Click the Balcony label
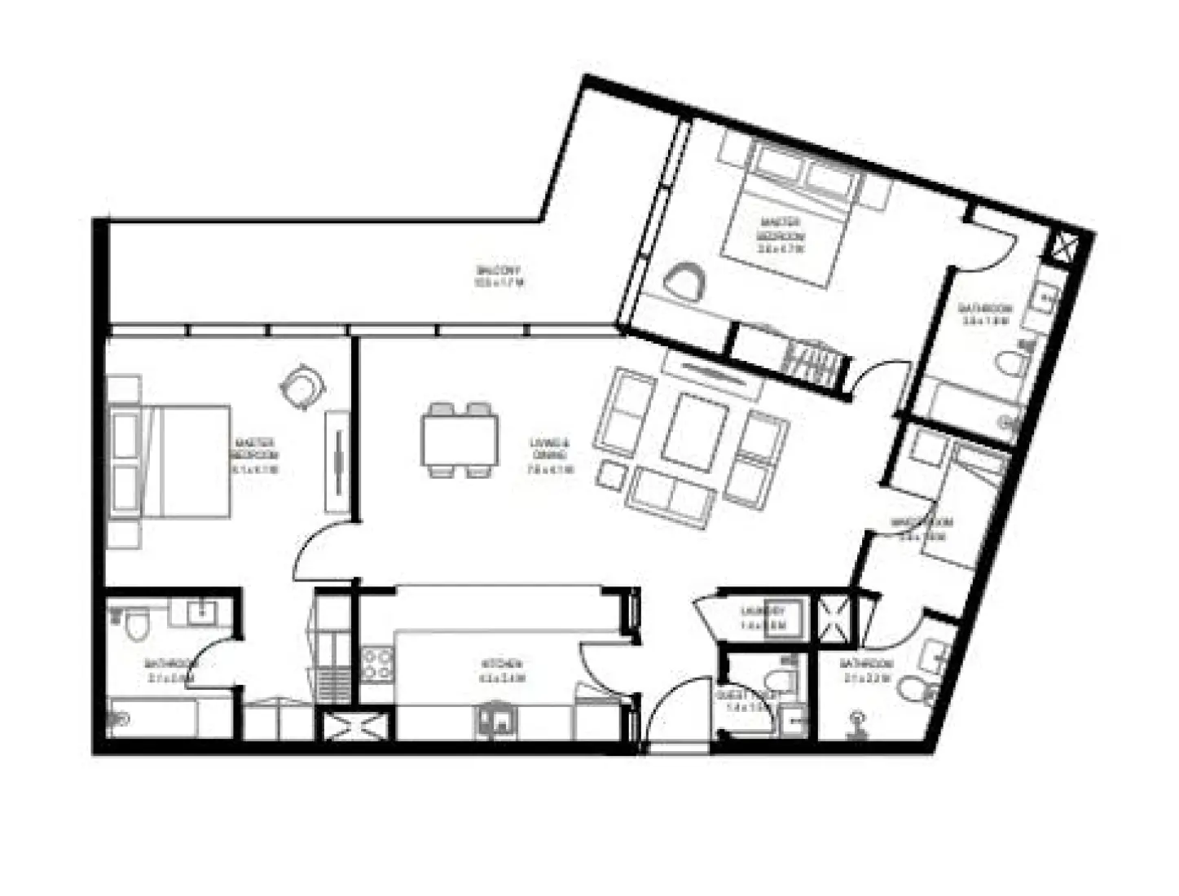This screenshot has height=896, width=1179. click(498, 276)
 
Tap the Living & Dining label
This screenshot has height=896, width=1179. click(550, 455)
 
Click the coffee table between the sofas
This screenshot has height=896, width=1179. click(694, 433)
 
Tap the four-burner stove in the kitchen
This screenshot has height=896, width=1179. click(376, 663)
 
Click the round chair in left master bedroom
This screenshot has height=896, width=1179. click(301, 387)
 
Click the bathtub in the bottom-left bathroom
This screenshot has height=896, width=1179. click(155, 718)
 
